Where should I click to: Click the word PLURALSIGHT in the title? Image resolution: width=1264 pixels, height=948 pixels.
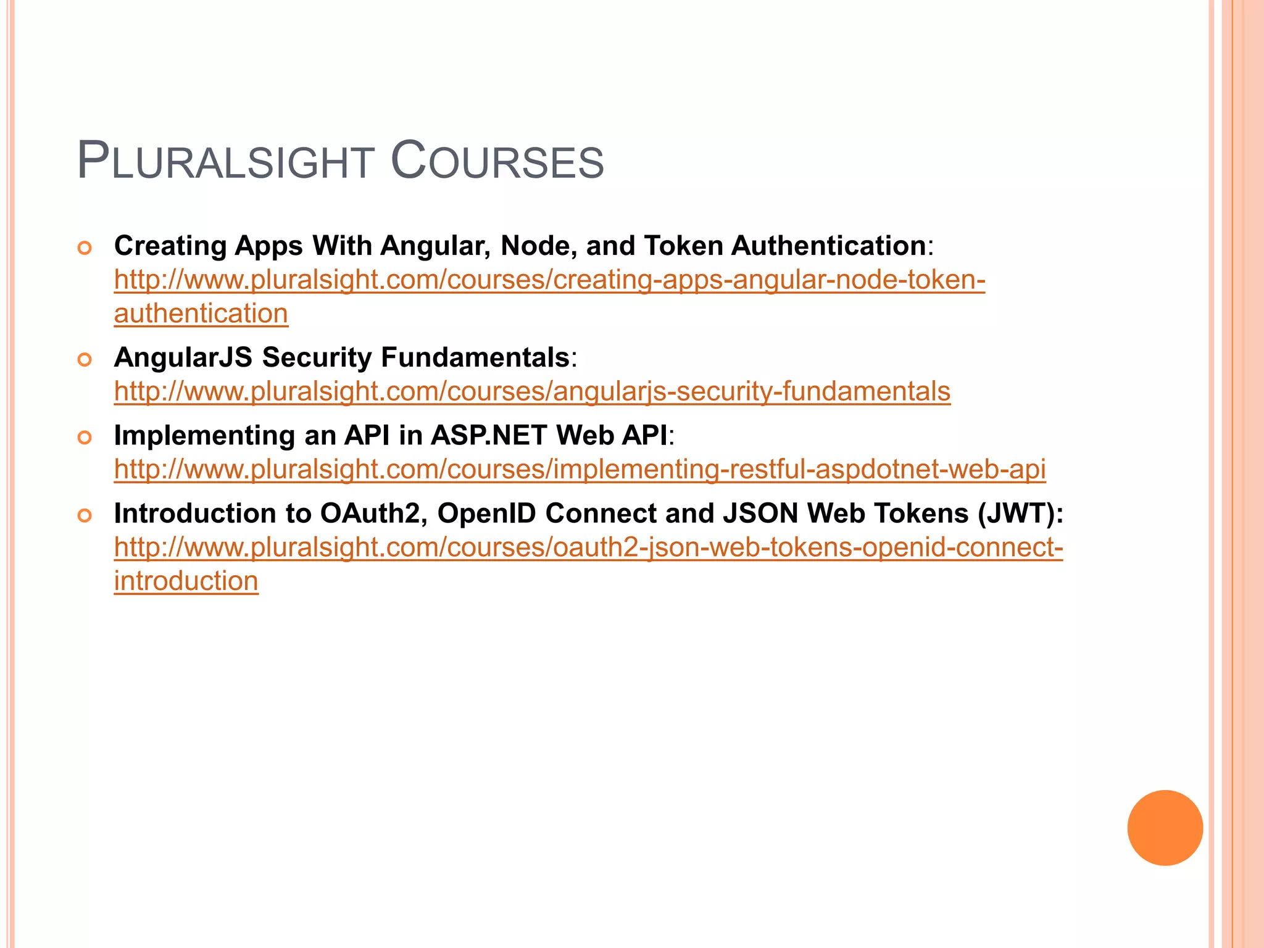[x=226, y=162]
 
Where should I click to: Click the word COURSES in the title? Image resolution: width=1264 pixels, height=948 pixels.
[x=497, y=162]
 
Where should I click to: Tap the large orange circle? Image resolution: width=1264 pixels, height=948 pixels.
[x=1165, y=827]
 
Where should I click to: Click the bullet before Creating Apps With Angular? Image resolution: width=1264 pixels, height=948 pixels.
[x=85, y=248]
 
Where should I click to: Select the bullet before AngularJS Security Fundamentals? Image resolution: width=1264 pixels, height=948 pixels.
[x=85, y=359]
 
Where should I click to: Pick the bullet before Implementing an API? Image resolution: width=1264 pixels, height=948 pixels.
[x=85, y=438]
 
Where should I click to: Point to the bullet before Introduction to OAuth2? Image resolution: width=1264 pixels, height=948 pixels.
[x=85, y=515]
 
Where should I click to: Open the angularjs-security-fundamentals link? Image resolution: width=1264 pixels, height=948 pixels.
[x=532, y=391]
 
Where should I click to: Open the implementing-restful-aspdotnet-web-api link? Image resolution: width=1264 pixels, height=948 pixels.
[x=580, y=469]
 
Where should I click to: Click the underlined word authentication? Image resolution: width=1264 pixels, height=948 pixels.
[x=201, y=314]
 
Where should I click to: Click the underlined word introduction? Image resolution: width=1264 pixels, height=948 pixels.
[x=186, y=581]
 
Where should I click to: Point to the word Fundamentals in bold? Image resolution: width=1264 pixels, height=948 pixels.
[x=475, y=357]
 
